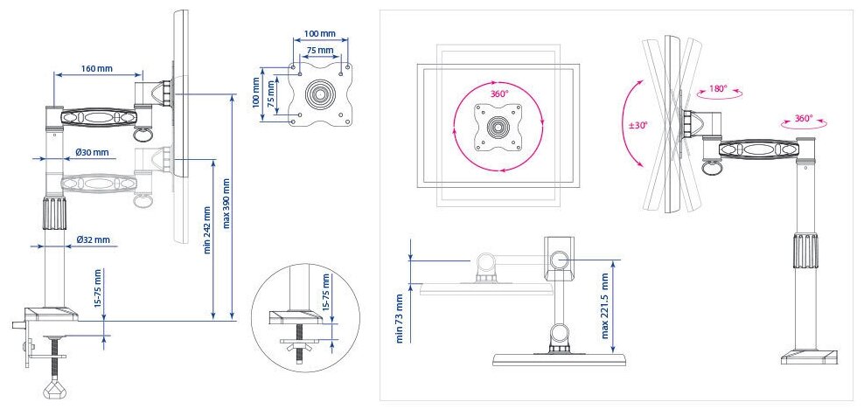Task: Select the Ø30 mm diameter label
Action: [x=92, y=152]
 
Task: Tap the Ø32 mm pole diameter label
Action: [x=93, y=239]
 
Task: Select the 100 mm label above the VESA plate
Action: [x=320, y=33]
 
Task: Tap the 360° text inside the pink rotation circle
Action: [x=498, y=94]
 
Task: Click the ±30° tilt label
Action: [x=638, y=125]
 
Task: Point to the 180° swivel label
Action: [x=719, y=88]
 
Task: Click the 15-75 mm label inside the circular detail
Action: [x=327, y=294]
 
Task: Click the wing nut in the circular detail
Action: [x=301, y=342]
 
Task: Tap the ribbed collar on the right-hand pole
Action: [x=804, y=252]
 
